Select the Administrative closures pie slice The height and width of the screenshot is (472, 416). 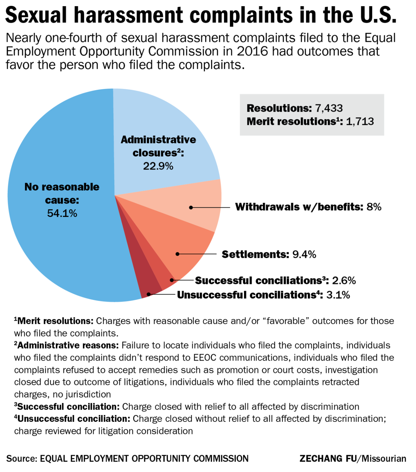coord(163,118)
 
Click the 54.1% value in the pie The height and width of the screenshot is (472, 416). coord(62,213)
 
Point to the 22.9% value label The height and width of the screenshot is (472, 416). coord(158,166)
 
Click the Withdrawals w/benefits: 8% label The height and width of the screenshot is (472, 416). coord(308,207)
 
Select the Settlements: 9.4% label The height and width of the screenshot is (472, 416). coord(269,254)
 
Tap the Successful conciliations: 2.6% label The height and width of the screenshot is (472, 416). coord(275,280)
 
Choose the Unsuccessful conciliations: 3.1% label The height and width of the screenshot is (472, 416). coord(263,295)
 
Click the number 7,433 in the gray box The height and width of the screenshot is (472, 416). coord(329,108)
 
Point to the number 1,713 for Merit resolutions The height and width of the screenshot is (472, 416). coord(360,121)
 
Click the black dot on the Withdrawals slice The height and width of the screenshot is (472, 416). coord(191,207)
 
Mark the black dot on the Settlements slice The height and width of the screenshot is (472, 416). coord(177,254)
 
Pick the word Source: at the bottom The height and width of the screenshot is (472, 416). coord(21,459)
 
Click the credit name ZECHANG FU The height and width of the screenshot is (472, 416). coord(328,459)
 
